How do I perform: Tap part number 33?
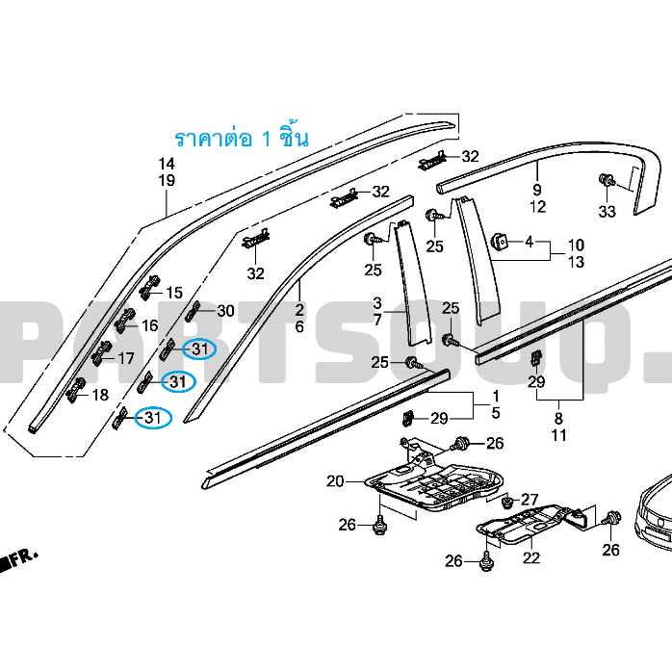[607, 211]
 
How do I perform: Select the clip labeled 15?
[149, 287]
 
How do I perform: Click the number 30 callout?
[226, 311]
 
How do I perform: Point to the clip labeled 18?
[76, 390]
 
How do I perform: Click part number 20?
[335, 481]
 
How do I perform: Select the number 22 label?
[531, 557]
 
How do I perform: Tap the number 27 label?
[530, 500]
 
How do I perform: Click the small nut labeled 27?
[508, 501]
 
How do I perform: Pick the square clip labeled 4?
[499, 242]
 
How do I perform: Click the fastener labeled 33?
[607, 180]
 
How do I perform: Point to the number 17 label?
[126, 358]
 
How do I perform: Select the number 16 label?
[149, 325]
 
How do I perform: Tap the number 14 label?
[167, 164]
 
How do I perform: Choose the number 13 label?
[576, 262]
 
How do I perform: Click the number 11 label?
[558, 435]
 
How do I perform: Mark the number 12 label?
[538, 207]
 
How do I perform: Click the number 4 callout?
[530, 242]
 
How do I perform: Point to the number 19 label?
[167, 180]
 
